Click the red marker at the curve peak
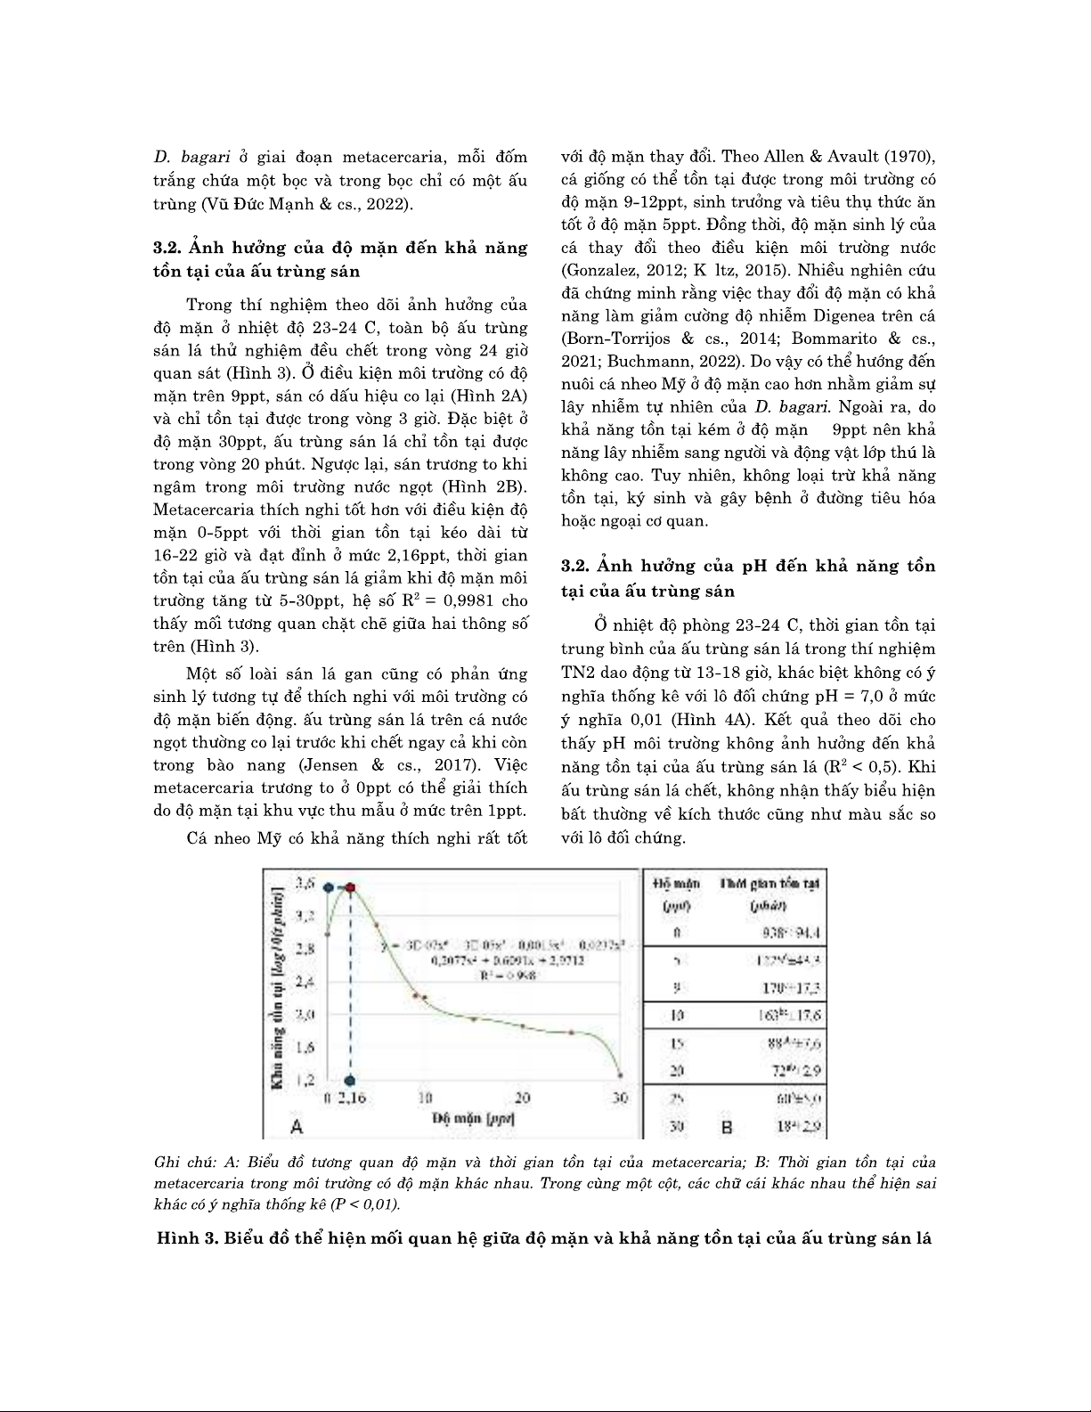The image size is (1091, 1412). (x=351, y=887)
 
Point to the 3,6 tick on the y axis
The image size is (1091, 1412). (x=305, y=884)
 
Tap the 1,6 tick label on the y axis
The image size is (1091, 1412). (x=305, y=1047)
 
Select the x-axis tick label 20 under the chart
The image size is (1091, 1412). (x=523, y=1098)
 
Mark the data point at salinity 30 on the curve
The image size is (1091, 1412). (x=621, y=1075)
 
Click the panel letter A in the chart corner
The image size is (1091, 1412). (x=297, y=1126)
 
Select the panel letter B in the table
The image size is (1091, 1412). (x=726, y=1127)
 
